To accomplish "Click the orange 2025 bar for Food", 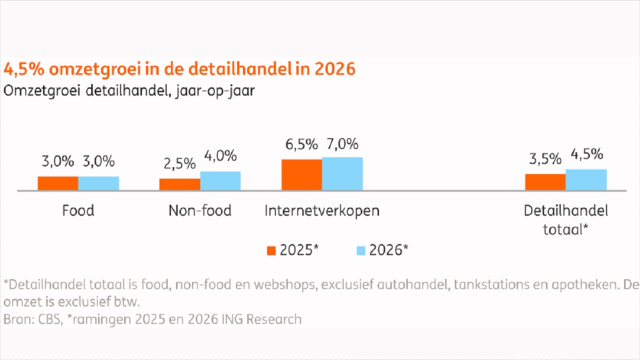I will [x=57, y=183].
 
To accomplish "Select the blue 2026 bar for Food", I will [x=99, y=183].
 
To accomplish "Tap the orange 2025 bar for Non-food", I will [x=179, y=184].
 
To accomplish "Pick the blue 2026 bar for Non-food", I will [x=220, y=181].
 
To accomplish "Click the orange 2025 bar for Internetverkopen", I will [x=301, y=174].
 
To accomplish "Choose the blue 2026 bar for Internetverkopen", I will [x=342, y=173].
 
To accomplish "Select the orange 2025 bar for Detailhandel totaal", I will [x=545, y=182].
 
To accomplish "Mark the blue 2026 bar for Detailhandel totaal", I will [x=586, y=179].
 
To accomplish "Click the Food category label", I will [x=78, y=211].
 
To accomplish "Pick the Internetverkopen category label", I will [x=322, y=211].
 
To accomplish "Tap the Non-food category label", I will [x=200, y=211].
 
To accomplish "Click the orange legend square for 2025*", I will [x=271, y=250].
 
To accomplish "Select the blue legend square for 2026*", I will [x=360, y=250].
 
